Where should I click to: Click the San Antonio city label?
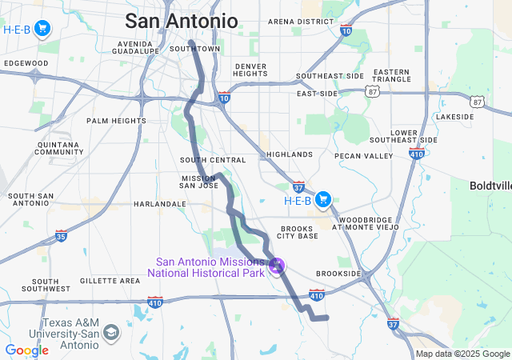(182, 20)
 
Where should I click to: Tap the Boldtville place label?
(490, 186)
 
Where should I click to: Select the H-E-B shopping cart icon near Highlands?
(323, 199)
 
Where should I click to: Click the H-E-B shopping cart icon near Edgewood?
(42, 30)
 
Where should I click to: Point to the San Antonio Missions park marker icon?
(277, 265)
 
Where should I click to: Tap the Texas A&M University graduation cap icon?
(111, 331)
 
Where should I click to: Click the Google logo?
(26, 350)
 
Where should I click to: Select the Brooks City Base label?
(298, 231)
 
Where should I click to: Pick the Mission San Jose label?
(199, 182)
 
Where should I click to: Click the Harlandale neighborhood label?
(159, 204)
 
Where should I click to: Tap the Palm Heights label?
(117, 121)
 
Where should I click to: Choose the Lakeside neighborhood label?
(454, 116)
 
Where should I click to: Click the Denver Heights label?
(251, 70)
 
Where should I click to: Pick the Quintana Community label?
(59, 148)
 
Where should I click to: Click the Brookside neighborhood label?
(339, 273)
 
